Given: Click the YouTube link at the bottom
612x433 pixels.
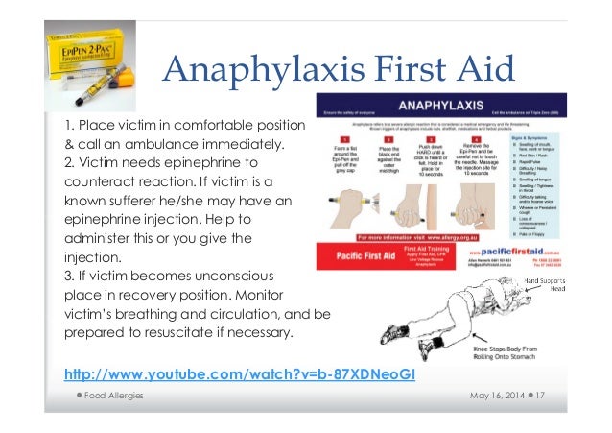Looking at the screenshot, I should click(x=239, y=373).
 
